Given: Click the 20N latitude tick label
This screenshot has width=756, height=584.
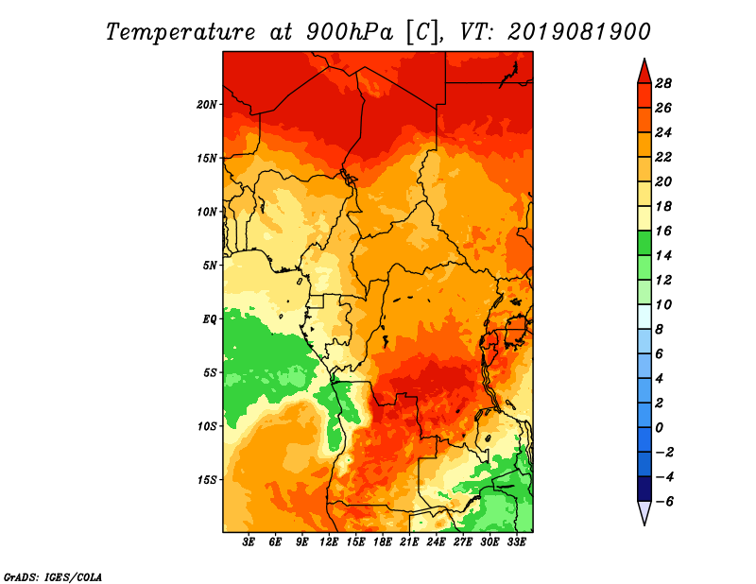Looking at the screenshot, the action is pos(207,105).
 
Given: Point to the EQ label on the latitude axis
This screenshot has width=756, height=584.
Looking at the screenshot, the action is pos(210,319).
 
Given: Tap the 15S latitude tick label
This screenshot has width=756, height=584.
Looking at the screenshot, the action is pos(207,480).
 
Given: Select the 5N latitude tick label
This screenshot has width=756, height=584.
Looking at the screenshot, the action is pos(210,266).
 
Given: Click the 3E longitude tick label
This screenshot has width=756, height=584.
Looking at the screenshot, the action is pos(249,542).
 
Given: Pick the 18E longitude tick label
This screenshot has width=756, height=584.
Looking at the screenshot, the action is pos(383,542).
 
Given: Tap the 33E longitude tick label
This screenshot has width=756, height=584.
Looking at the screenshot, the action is pos(516,542).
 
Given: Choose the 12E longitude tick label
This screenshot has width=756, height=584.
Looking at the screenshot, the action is pos(329,542).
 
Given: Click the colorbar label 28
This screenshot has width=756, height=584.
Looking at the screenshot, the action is pos(663,83).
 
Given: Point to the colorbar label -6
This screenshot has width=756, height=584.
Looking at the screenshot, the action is pos(663,502).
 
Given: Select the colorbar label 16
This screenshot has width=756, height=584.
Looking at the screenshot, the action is pos(663,231).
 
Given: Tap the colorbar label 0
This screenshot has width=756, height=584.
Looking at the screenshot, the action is pos(659,428).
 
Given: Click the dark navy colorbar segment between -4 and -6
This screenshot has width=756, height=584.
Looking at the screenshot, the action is pos(644,489).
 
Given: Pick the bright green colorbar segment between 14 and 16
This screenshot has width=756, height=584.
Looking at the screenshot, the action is pos(644,243).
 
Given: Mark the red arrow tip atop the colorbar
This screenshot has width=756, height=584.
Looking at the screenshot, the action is pos(644,59).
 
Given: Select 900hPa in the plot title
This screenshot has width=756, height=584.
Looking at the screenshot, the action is pos(349,32).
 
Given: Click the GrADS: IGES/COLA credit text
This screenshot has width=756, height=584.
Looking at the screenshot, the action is pos(53,576).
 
